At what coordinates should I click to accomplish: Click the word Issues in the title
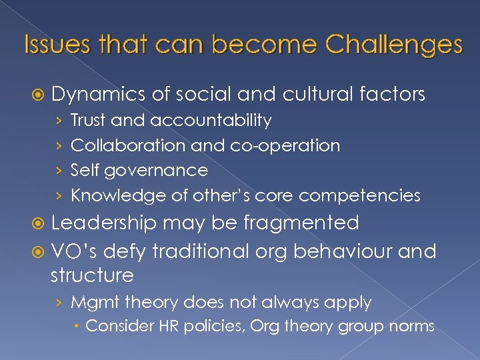pos(55,45)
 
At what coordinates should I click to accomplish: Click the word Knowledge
pos(109,195)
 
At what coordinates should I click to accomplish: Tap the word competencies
pos(359,195)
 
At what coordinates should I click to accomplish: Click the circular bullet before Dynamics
pos(40,95)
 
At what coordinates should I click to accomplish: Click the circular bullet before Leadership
pos(40,223)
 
